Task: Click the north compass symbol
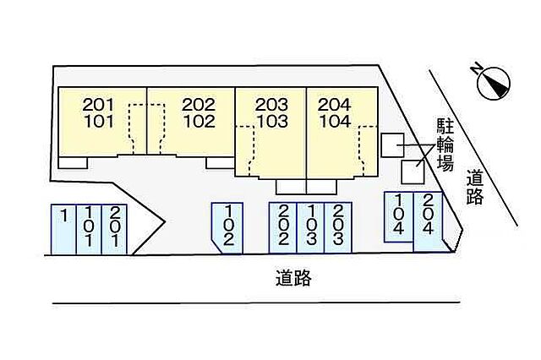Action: [x=492, y=82]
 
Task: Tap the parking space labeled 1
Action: [x=63, y=229]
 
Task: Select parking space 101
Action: [x=89, y=229]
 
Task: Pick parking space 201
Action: [x=114, y=229]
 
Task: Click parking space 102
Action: [x=227, y=228]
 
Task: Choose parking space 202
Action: [x=283, y=227]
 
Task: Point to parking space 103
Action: [x=310, y=227]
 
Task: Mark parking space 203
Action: [x=338, y=227]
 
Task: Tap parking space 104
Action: [x=399, y=217]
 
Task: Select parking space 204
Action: [x=429, y=221]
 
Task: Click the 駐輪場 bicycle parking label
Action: [x=445, y=145]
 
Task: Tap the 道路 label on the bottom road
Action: [x=293, y=278]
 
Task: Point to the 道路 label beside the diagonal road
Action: [x=475, y=188]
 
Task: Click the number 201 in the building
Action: [x=98, y=105]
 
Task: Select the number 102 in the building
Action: [x=199, y=122]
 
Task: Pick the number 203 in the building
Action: [x=271, y=105]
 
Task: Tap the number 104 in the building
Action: [x=335, y=122]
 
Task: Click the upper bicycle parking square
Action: [x=392, y=145]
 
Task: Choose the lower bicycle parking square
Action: [x=413, y=172]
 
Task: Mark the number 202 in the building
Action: [x=199, y=105]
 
